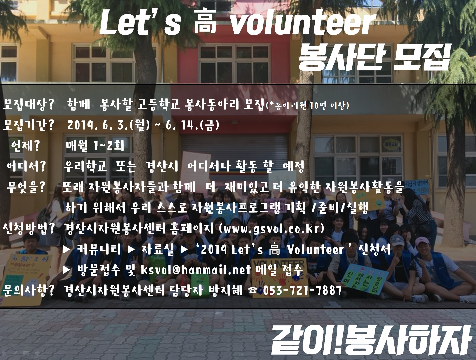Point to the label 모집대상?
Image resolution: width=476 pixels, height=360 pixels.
pyautogui.click(x=28, y=105)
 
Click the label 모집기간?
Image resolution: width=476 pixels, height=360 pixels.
pyautogui.click(x=28, y=126)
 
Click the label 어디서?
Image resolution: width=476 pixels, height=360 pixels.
pyautogui.click(x=26, y=167)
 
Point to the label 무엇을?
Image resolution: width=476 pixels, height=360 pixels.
pyautogui.click(x=26, y=187)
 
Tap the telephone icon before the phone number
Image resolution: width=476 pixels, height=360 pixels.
pyautogui.click(x=253, y=291)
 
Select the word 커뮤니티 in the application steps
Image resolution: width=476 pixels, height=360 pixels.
pyautogui.click(x=99, y=250)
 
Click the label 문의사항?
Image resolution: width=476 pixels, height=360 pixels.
pyautogui.click(x=28, y=291)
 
